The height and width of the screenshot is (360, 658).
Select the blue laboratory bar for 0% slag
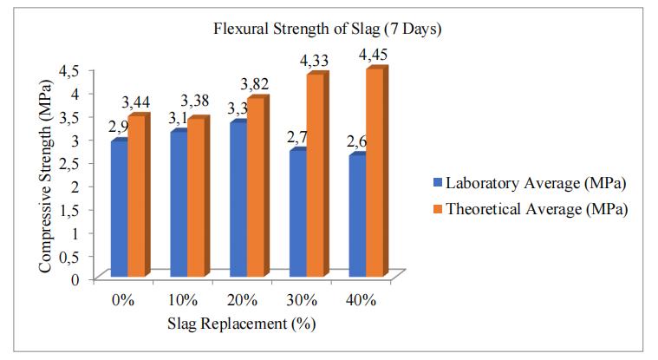click(120, 208)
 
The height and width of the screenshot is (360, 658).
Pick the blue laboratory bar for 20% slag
click(237, 200)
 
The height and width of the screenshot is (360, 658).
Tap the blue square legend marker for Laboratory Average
click(438, 184)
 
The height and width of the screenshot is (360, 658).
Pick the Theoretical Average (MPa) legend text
click(537, 209)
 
